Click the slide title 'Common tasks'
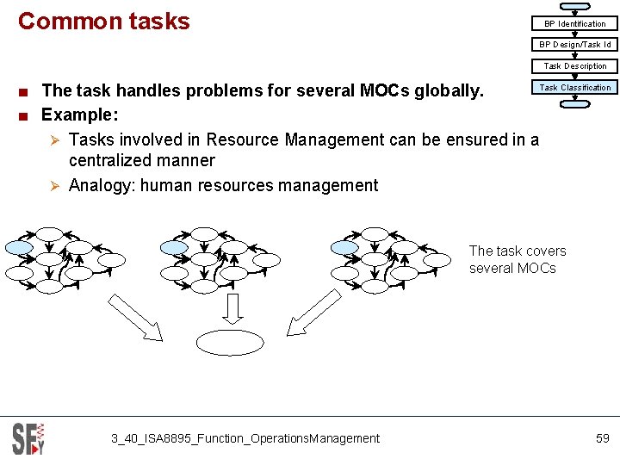pyautogui.click(x=103, y=21)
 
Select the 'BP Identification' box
pyautogui.click(x=574, y=24)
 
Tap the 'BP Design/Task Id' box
pyautogui.click(x=574, y=45)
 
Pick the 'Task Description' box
pyautogui.click(x=574, y=66)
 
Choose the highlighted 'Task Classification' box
pyautogui.click(x=574, y=87)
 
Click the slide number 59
pyautogui.click(x=603, y=438)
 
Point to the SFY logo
pyautogui.click(x=28, y=438)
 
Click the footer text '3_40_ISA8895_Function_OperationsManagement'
pyautogui.click(x=245, y=438)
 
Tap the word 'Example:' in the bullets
pyautogui.click(x=78, y=115)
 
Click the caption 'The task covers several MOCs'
pyautogui.click(x=518, y=259)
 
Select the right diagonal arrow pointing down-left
pyautogui.click(x=313, y=313)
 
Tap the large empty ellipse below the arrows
pyautogui.click(x=230, y=343)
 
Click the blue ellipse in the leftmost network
pyautogui.click(x=20, y=247)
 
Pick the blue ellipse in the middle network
pyautogui.click(x=174, y=247)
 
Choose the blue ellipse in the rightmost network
pyautogui.click(x=344, y=247)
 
